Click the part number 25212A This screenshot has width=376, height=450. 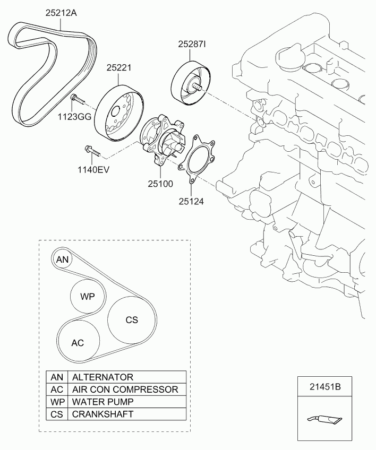[61, 13]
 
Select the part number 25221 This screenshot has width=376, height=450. [119, 67]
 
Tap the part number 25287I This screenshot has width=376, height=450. [192, 44]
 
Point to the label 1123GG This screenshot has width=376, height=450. [74, 117]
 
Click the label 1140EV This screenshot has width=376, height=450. [93, 170]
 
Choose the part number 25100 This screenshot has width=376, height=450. [160, 184]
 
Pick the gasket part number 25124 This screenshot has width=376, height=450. [191, 202]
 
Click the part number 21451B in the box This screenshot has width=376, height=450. [325, 386]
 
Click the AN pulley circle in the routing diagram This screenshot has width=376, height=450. [62, 259]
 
